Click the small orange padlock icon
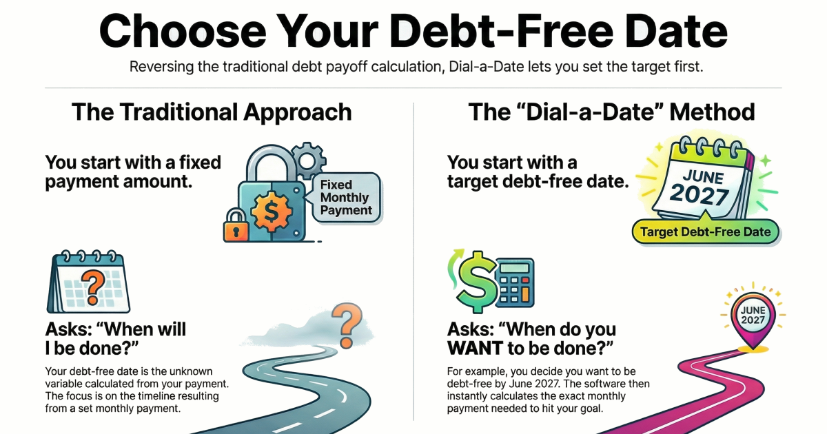(x=235, y=225)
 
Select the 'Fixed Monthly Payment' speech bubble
(x=345, y=198)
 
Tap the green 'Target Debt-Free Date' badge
(x=706, y=232)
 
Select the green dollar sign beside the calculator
(x=475, y=280)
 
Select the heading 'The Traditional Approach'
(x=212, y=112)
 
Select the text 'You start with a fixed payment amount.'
(x=133, y=173)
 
